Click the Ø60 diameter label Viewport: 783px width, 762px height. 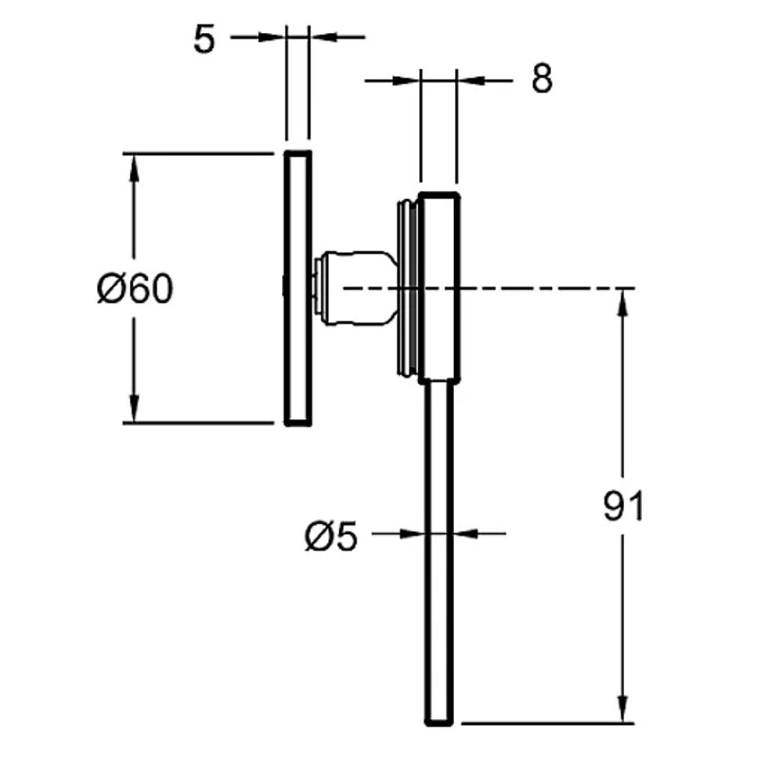[135, 289]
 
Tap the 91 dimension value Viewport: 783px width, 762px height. [624, 506]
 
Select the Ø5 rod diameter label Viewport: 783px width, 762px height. [331, 536]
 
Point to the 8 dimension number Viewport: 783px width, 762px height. [542, 78]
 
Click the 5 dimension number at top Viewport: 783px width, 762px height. [204, 39]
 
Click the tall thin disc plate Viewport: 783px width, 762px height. [298, 288]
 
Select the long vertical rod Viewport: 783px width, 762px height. [439, 552]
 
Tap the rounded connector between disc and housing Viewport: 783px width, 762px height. [355, 288]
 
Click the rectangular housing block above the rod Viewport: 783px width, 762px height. [439, 287]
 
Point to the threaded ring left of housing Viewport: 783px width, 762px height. [408, 287]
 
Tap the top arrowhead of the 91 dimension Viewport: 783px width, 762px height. [622, 302]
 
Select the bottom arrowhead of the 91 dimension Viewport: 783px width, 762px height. [622, 709]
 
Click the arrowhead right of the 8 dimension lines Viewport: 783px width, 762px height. [471, 80]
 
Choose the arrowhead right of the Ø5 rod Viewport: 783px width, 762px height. [466, 534]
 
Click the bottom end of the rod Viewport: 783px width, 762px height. [439, 724]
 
